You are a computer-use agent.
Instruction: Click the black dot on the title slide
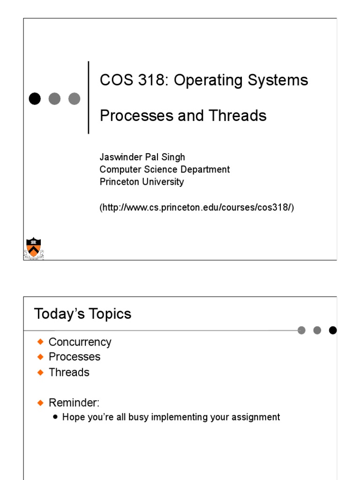35,98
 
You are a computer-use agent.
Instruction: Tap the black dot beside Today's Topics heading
333,330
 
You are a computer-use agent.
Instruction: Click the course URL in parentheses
197,207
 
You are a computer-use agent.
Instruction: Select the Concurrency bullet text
80,342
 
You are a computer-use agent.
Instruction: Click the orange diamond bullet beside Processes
40,357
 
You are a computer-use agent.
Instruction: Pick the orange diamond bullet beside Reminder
40,402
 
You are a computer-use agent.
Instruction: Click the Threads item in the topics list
69,372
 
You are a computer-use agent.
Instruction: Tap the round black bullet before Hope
56,416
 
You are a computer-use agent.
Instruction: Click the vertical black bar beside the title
89,97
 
